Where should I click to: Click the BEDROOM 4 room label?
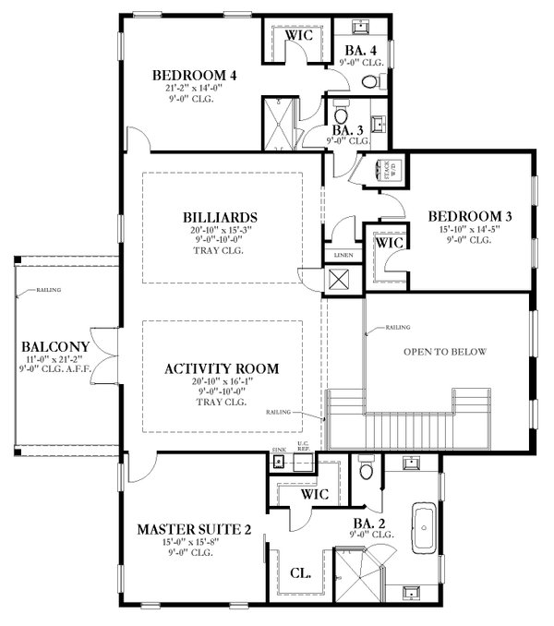195,75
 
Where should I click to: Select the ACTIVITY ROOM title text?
222,368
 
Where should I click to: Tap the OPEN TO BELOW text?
444,352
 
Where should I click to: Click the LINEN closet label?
335,256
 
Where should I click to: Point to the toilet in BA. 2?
367,472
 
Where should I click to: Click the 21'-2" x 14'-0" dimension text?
195,89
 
